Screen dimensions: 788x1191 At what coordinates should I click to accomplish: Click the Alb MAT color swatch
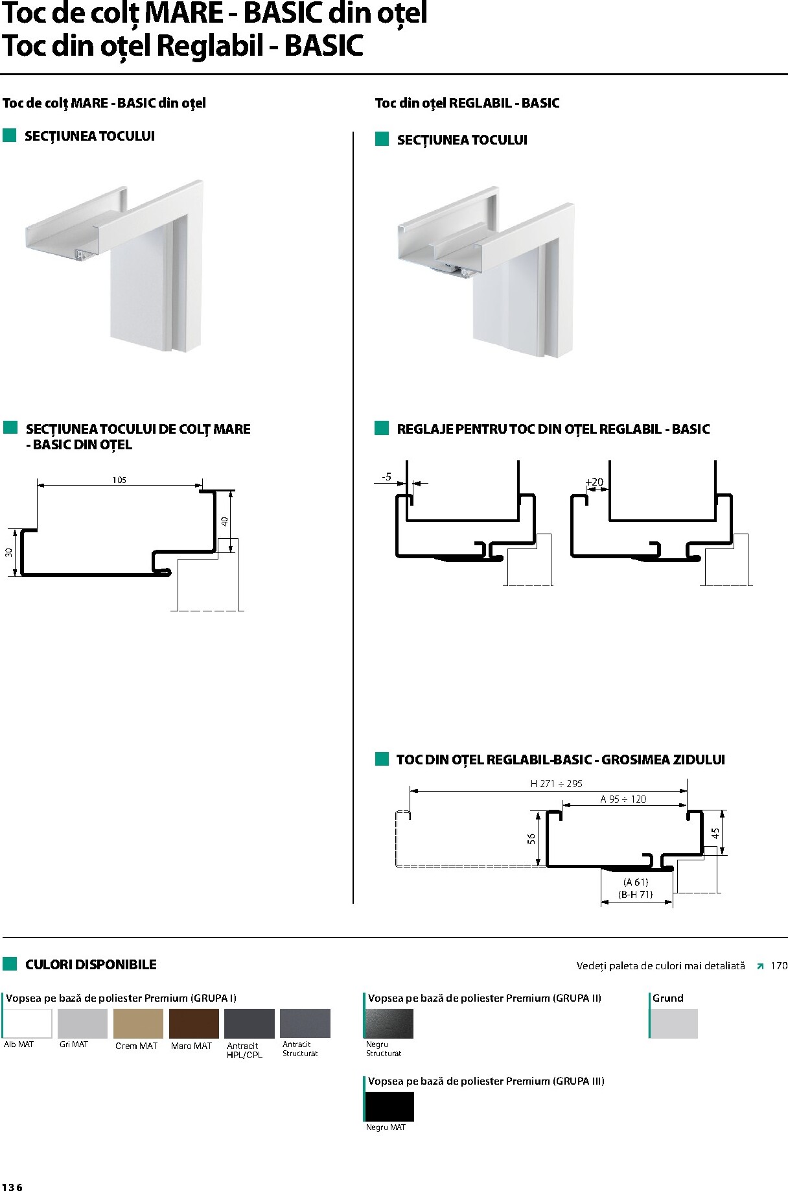(28, 1023)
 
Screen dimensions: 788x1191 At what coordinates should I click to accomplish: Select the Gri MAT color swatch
(82, 1023)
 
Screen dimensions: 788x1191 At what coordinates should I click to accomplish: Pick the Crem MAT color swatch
(138, 1023)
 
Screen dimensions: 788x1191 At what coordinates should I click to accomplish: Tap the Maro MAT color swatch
(194, 1023)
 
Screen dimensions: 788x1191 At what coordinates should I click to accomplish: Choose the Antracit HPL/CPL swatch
(249, 1023)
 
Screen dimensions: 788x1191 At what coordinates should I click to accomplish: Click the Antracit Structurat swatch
(305, 1023)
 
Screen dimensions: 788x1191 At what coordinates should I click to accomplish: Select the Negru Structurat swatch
(389, 1023)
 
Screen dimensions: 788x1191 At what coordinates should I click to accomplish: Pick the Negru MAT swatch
(389, 1106)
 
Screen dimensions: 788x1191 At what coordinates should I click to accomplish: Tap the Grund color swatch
(674, 1023)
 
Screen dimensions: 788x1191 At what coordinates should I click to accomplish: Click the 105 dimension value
(119, 480)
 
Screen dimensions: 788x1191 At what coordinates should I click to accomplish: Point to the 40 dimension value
(224, 521)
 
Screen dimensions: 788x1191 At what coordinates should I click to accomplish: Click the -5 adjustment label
(386, 477)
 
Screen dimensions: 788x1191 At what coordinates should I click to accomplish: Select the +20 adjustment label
(594, 482)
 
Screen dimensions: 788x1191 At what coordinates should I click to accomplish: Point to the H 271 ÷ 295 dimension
(556, 783)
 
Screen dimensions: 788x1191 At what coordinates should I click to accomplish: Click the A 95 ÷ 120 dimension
(623, 799)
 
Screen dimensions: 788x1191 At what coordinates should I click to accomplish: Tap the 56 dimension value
(531, 838)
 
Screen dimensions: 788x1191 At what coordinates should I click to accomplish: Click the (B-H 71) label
(636, 894)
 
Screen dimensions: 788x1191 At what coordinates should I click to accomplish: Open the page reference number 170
(779, 965)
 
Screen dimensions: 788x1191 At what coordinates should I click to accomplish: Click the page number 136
(12, 1187)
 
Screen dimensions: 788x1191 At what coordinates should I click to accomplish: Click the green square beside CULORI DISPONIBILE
(10, 963)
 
